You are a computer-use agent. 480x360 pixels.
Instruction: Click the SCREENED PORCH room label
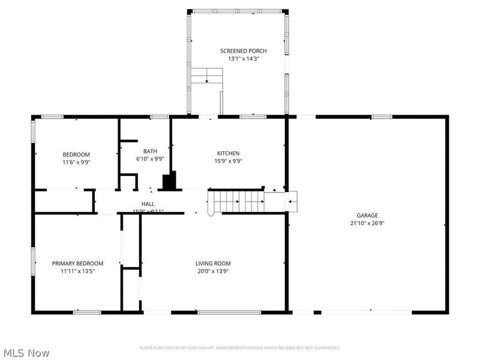tap(243, 51)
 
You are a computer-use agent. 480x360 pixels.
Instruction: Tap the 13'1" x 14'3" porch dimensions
tap(243, 59)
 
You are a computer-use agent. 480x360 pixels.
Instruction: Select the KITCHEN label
tap(228, 154)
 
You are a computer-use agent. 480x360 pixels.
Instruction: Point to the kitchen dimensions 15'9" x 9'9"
tap(228, 161)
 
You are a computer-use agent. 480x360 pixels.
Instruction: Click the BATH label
tap(149, 151)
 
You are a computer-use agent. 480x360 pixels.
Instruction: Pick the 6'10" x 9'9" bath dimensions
tap(149, 159)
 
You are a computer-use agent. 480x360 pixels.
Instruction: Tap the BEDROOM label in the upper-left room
tap(76, 154)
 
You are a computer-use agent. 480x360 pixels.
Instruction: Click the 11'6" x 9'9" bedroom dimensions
tap(76, 162)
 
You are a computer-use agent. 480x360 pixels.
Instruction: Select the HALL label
tap(148, 204)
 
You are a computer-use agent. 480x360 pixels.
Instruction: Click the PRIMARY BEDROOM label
tap(77, 263)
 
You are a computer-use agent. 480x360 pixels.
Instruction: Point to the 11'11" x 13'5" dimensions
tap(77, 271)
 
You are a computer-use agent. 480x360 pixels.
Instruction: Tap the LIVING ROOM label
tap(212, 263)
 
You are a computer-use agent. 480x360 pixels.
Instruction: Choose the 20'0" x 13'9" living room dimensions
tap(212, 271)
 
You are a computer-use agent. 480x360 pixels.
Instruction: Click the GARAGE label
tap(367, 215)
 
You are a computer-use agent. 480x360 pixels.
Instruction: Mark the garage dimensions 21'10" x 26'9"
tap(367, 223)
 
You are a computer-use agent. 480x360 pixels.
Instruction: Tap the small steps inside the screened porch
tap(207, 76)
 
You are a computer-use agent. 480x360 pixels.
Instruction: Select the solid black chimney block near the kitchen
tap(171, 181)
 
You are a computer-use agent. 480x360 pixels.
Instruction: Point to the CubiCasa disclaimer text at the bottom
tap(240, 348)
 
